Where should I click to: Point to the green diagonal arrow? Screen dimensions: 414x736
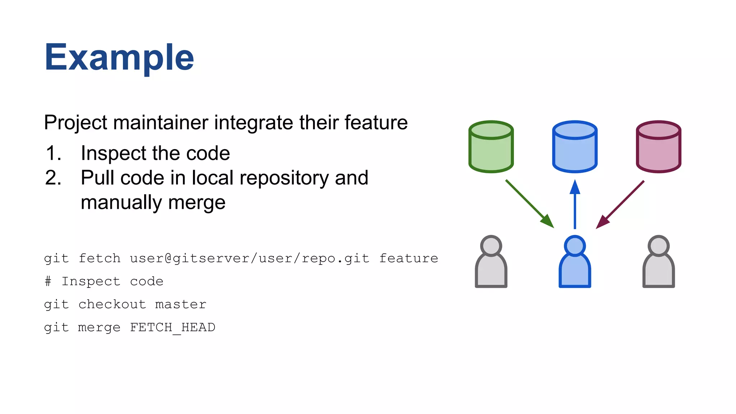tap(529, 203)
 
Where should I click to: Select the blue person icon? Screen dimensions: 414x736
tap(575, 262)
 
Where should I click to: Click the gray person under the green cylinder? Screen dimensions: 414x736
tap(491, 262)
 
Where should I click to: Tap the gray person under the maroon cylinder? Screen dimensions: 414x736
tap(658, 262)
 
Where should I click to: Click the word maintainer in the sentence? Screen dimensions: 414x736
tap(161, 123)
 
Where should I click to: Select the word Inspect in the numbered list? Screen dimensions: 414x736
tap(112, 153)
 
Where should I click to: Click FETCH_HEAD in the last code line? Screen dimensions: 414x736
tap(172, 327)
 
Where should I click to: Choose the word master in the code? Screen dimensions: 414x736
tap(181, 304)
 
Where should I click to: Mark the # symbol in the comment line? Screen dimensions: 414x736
tap(48, 281)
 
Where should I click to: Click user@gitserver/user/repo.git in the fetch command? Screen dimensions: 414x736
tap(249, 258)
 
